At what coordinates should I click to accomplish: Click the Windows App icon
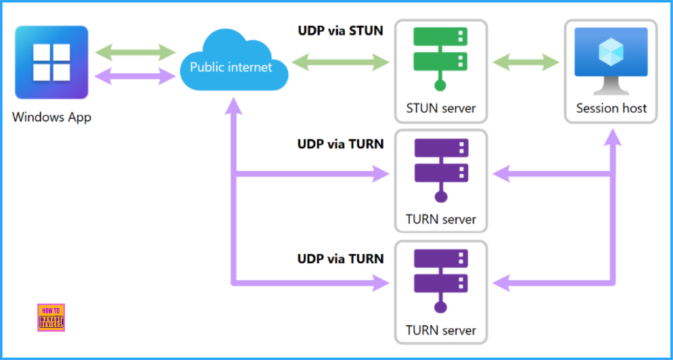[x=51, y=63]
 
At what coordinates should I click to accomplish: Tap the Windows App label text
[x=51, y=118]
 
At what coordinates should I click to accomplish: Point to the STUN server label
[x=440, y=108]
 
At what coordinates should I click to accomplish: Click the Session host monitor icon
[x=611, y=59]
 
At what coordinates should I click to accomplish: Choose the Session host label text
[x=611, y=108]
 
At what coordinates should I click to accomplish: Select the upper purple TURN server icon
[x=440, y=168]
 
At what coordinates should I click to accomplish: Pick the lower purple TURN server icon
[x=440, y=279]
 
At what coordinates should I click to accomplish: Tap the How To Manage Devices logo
[x=51, y=317]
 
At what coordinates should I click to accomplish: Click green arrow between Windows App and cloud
[x=135, y=51]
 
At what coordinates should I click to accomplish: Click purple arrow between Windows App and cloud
[x=135, y=76]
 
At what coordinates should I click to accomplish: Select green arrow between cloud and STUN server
[x=340, y=63]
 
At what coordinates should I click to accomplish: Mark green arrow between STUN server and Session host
[x=526, y=63]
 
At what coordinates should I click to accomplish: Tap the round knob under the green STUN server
[x=440, y=85]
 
